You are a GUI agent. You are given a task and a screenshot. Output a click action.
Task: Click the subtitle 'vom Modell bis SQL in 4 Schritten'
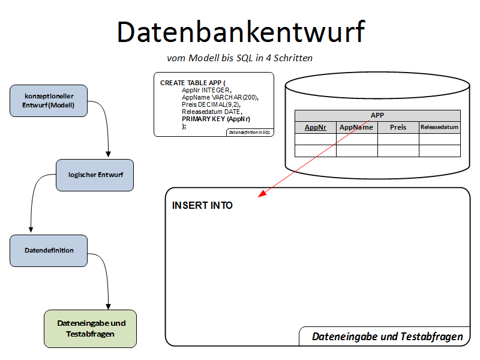(239, 58)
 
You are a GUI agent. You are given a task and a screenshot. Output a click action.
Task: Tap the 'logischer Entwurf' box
(95, 175)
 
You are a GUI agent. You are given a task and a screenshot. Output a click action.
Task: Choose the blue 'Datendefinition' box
(49, 250)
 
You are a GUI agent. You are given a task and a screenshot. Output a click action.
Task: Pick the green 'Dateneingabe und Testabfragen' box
(91, 328)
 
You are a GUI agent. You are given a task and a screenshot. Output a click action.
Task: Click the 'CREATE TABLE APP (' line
(193, 82)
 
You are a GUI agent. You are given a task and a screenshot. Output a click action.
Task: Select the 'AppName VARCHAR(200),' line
(220, 97)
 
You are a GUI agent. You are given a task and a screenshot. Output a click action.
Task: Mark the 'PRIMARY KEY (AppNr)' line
(216, 119)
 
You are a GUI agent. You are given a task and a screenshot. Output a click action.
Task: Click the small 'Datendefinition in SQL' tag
(250, 132)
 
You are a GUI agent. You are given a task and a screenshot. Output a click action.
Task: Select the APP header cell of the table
(377, 115)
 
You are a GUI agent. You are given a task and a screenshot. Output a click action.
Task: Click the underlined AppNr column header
(316, 127)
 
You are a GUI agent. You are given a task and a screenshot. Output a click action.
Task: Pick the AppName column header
(356, 127)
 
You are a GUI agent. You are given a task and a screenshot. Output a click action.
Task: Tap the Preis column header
(398, 127)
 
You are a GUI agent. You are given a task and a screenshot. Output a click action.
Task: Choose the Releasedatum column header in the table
(439, 127)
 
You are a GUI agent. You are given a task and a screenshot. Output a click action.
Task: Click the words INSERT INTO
(202, 205)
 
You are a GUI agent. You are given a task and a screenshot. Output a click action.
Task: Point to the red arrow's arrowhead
(260, 196)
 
